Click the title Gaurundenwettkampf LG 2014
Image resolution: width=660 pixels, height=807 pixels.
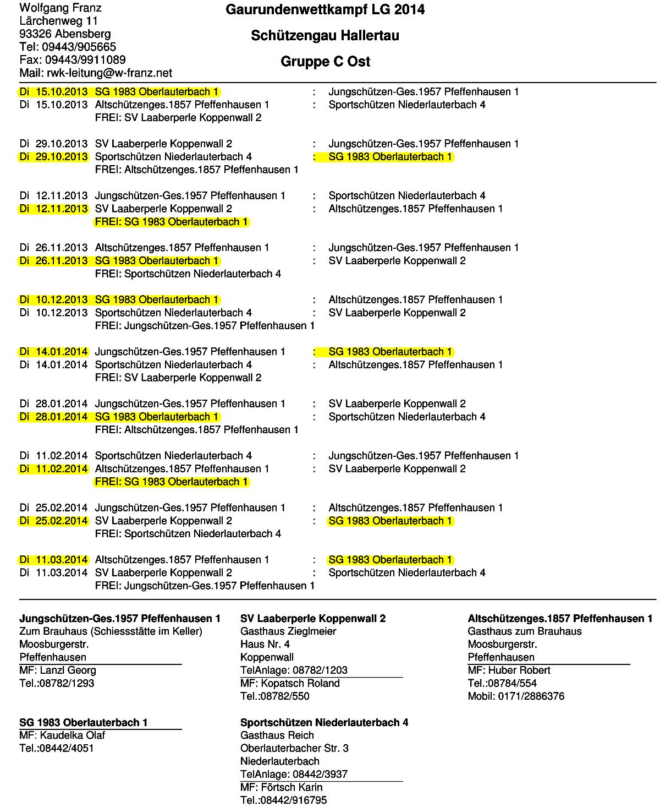pyautogui.click(x=325, y=10)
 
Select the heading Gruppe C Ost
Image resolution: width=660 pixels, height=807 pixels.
pyautogui.click(x=325, y=61)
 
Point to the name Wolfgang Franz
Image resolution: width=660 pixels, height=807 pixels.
pyautogui.click(x=61, y=8)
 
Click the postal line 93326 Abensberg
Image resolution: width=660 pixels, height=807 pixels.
pyautogui.click(x=64, y=34)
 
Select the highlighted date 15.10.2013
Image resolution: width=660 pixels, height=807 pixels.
pyautogui.click(x=54, y=91)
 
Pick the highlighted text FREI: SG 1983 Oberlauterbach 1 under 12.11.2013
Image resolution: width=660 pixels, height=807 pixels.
pyautogui.click(x=171, y=222)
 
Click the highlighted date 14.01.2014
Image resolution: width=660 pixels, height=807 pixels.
pyautogui.click(x=54, y=352)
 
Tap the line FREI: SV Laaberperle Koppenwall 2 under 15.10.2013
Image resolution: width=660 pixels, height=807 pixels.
pyautogui.click(x=178, y=118)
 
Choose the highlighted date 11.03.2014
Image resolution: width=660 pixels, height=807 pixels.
pyautogui.click(x=54, y=560)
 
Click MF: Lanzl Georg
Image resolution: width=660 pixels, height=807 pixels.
pyautogui.click(x=58, y=670)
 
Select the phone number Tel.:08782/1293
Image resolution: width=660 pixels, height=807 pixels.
pyautogui.click(x=57, y=683)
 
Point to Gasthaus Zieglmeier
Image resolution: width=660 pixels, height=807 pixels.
pyautogui.click(x=288, y=631)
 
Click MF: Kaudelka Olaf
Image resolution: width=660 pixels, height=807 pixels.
pyautogui.click(x=62, y=735)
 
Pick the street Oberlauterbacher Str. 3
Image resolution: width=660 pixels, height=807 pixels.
pyautogui.click(x=294, y=748)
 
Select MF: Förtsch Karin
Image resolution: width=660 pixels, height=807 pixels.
pyautogui.click(x=282, y=787)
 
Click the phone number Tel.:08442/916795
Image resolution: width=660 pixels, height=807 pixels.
pyautogui.click(x=284, y=800)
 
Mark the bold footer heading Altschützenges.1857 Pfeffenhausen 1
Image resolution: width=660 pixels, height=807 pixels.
pyautogui.click(x=560, y=618)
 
